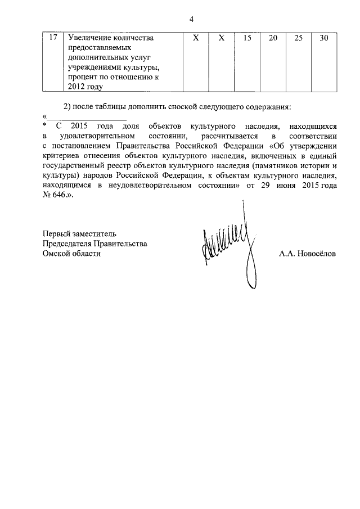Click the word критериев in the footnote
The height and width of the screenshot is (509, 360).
(62, 156)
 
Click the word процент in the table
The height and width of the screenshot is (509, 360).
(83, 78)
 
